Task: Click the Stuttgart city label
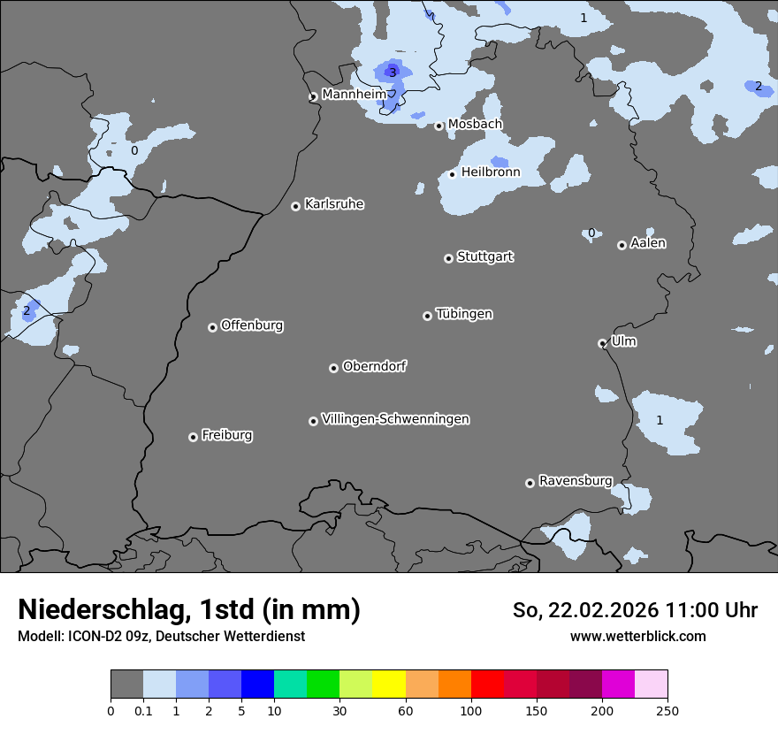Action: click(484, 256)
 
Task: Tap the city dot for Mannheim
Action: click(313, 97)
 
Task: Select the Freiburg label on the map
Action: click(226, 435)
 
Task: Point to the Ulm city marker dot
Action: click(602, 343)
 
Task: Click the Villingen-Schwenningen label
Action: click(395, 419)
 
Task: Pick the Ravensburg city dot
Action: click(530, 483)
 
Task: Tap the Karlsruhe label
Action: click(334, 204)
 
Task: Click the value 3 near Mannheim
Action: click(393, 73)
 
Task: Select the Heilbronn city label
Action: click(491, 172)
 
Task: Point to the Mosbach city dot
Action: click(439, 126)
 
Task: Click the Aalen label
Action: click(648, 243)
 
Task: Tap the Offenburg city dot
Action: click(212, 327)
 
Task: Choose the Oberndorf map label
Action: click(375, 366)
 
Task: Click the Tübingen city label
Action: click(464, 314)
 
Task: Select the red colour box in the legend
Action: click(487, 684)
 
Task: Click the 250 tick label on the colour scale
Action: click(667, 710)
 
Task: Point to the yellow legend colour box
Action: click(389, 684)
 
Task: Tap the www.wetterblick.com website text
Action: click(637, 636)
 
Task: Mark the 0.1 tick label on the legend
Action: click(143, 710)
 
